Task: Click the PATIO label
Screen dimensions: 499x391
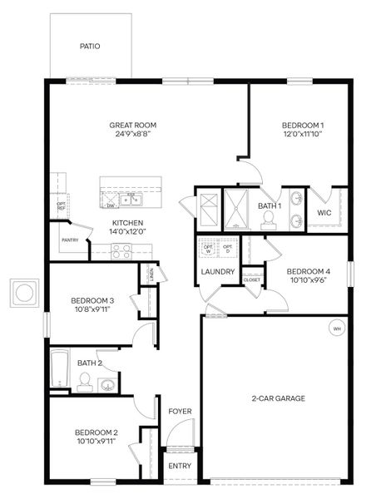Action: [x=90, y=47]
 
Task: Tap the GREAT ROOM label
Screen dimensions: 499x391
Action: [x=132, y=126]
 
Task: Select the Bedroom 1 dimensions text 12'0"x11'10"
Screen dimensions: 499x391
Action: [x=302, y=134]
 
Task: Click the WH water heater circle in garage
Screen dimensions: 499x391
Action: [x=337, y=329]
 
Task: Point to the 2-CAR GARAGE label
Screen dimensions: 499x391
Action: [x=278, y=398]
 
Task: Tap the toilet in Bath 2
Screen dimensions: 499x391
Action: [x=84, y=382]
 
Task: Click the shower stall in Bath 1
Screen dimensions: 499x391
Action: [x=236, y=208]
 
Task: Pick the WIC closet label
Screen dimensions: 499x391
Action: [x=324, y=213]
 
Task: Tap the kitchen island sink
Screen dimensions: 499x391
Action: [x=131, y=198]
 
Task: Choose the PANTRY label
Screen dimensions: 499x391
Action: [x=69, y=240]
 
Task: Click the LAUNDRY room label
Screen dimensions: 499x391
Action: [x=217, y=272]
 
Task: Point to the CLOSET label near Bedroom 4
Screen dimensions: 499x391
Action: [x=251, y=280]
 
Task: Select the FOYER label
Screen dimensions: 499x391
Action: [x=180, y=412]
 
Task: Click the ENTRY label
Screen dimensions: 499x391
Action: [x=180, y=466]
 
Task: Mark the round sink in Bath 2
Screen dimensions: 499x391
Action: [x=106, y=385]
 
